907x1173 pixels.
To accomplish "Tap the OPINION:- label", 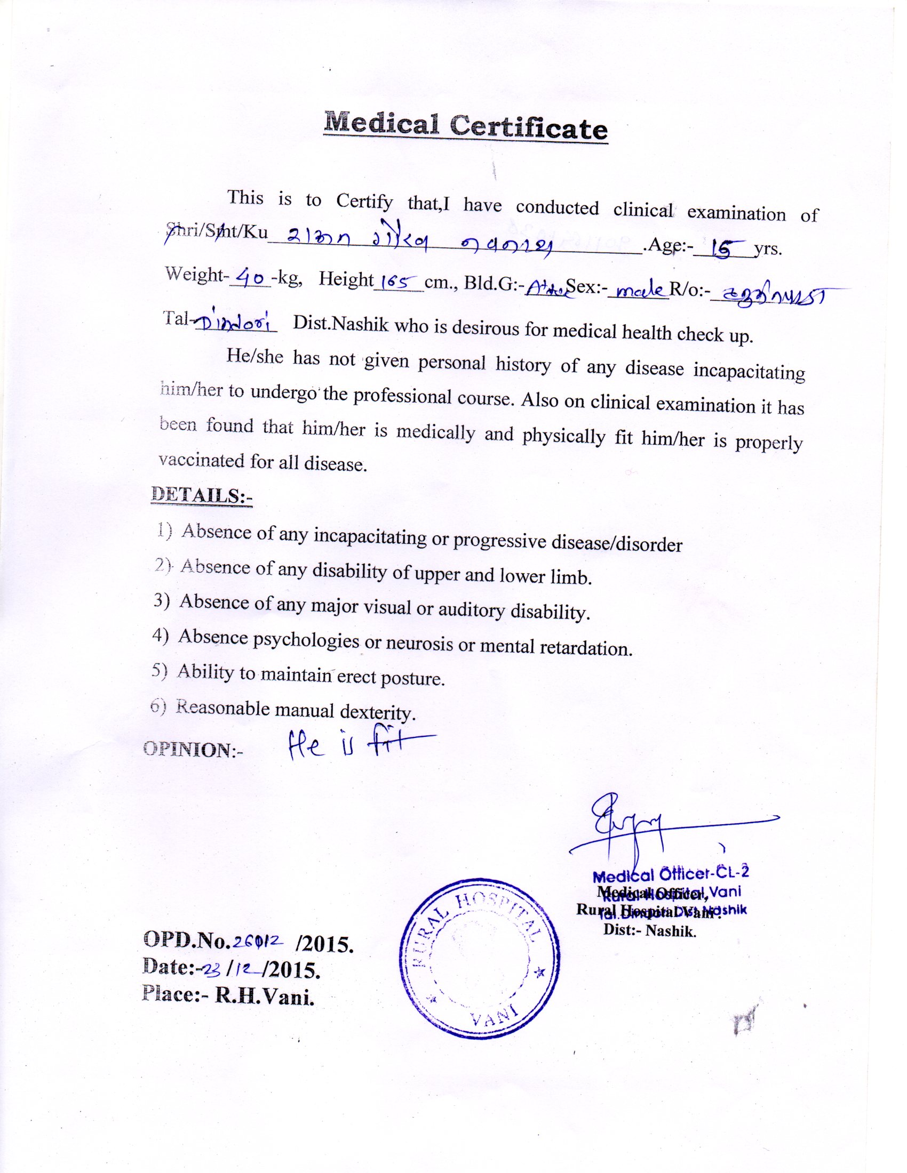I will tap(194, 750).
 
